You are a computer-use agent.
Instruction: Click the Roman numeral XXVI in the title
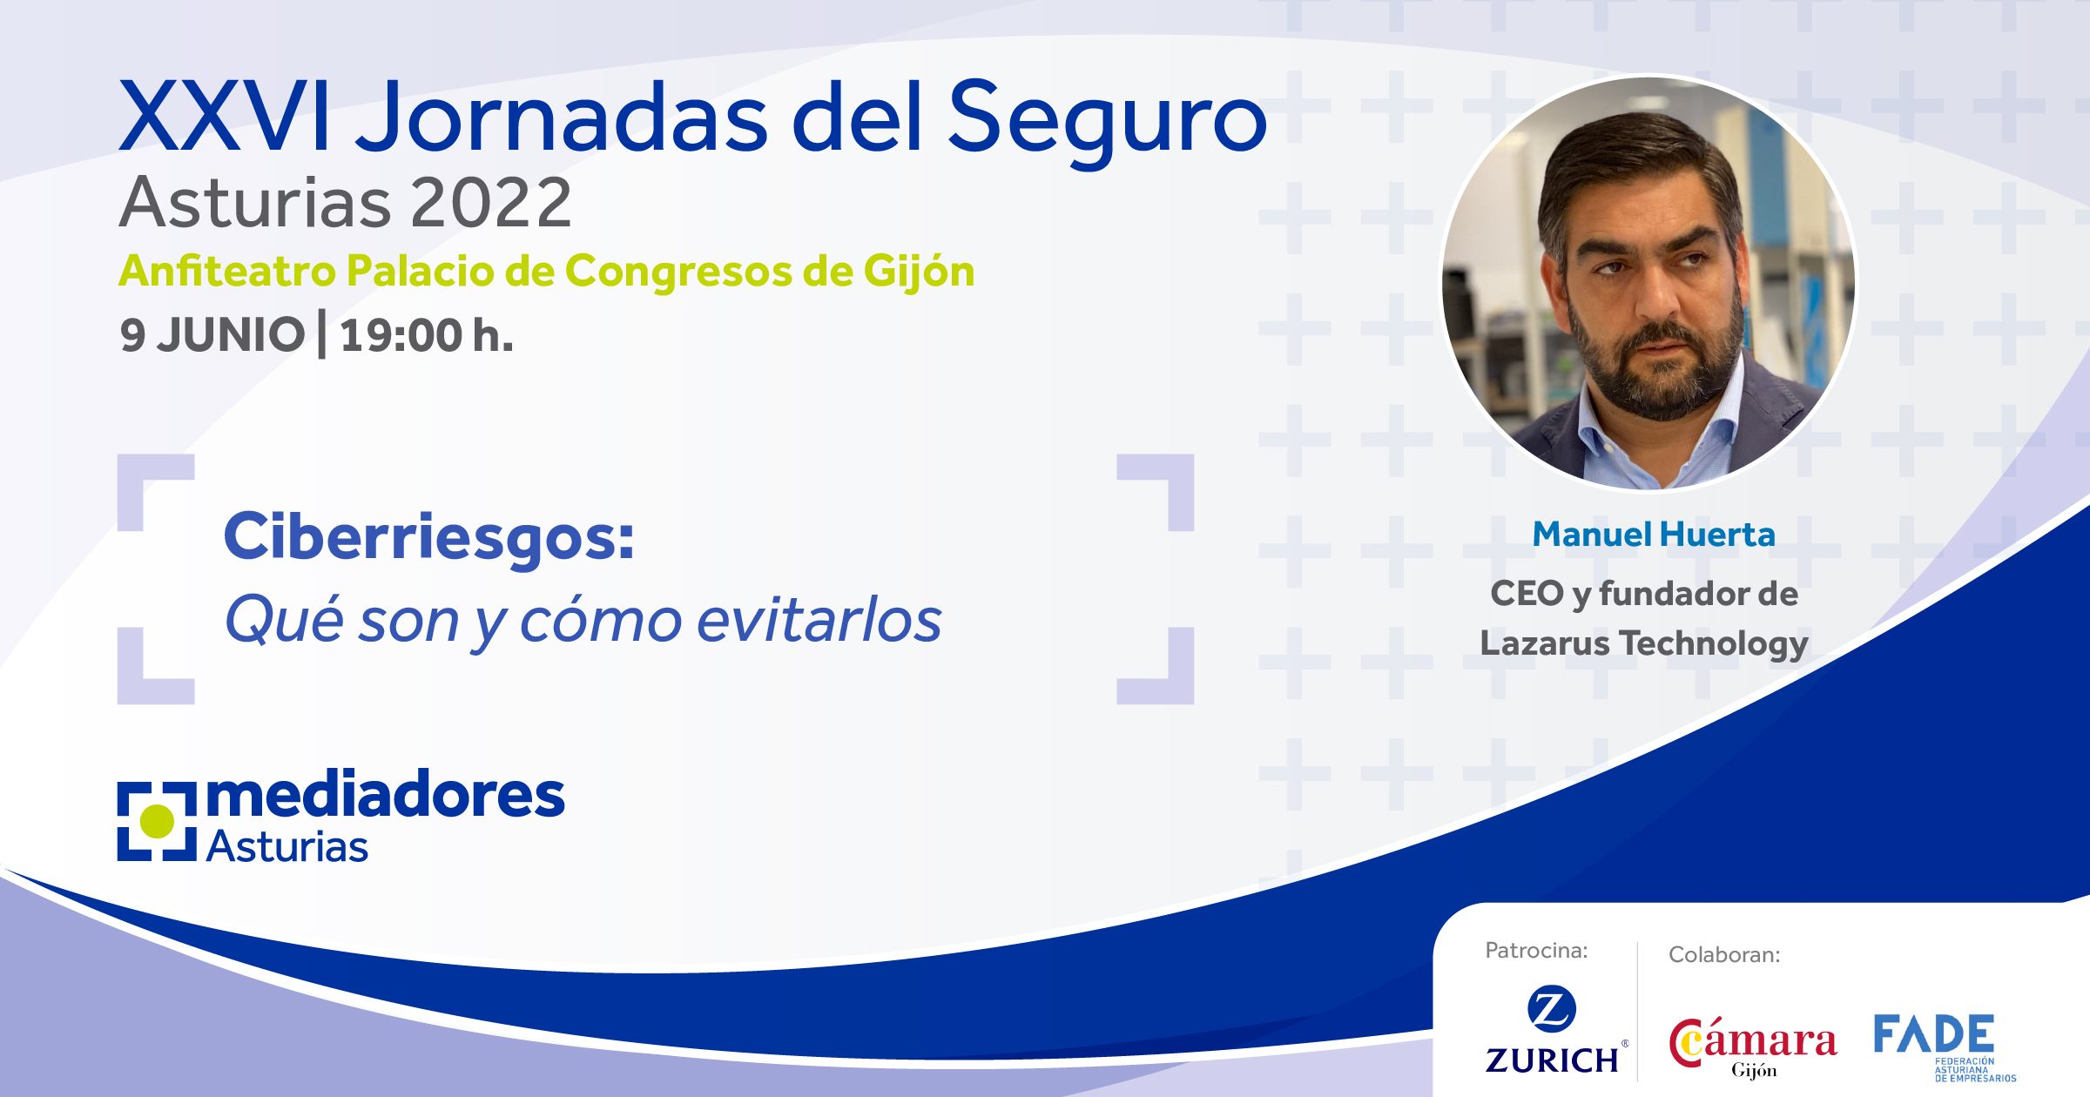pyautogui.click(x=225, y=117)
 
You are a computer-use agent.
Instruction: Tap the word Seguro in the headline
pyautogui.click(x=1107, y=122)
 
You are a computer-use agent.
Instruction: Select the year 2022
pyautogui.click(x=491, y=203)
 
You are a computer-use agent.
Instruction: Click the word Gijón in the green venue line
pyautogui.click(x=919, y=273)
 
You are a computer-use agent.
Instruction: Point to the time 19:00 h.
pyautogui.click(x=427, y=335)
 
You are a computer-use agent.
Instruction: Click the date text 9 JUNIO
pyautogui.click(x=212, y=335)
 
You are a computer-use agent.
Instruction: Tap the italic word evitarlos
pyautogui.click(x=819, y=621)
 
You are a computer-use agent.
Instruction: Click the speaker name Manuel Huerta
pyautogui.click(x=1654, y=534)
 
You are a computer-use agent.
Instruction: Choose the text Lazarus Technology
pyautogui.click(x=1644, y=644)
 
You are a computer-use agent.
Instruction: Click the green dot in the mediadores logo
pyautogui.click(x=158, y=821)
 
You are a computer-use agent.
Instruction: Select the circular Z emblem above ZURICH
pyautogui.click(x=1552, y=1010)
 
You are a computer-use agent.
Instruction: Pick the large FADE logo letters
pyautogui.click(x=1934, y=1033)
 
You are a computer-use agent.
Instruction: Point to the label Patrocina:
pyautogui.click(x=1536, y=950)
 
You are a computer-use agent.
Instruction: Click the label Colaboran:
pyautogui.click(x=1724, y=955)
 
